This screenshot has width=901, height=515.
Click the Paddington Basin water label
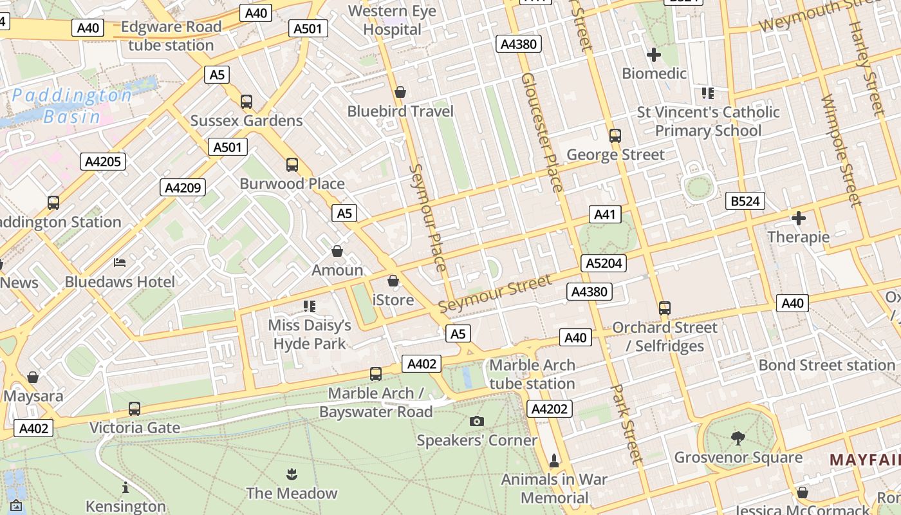coord(72,106)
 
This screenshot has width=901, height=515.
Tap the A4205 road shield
coord(103,161)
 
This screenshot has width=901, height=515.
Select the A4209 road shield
coord(183,187)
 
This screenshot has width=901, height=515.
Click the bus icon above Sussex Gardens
coord(246,102)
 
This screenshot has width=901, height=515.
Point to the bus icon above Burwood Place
coord(292,165)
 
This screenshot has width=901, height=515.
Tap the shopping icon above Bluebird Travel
coord(400,93)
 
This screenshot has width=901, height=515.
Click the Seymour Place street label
coord(427,218)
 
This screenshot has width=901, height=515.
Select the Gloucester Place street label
coord(542,132)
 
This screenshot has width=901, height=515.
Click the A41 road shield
coord(605,214)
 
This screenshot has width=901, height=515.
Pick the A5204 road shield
coord(603,263)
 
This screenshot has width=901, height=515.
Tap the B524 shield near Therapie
coord(745,201)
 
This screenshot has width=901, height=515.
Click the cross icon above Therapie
coord(799,218)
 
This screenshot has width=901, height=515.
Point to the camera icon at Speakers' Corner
coord(477,422)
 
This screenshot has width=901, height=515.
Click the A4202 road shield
coord(550,408)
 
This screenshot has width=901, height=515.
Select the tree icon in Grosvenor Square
coord(738,438)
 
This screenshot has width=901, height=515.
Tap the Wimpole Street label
coord(841,151)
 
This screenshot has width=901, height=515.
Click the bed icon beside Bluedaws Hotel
coord(120,263)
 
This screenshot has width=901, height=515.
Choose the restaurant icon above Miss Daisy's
coord(310,306)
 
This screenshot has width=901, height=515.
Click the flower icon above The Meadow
coord(292,475)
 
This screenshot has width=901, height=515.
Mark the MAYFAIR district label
coord(864,460)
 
